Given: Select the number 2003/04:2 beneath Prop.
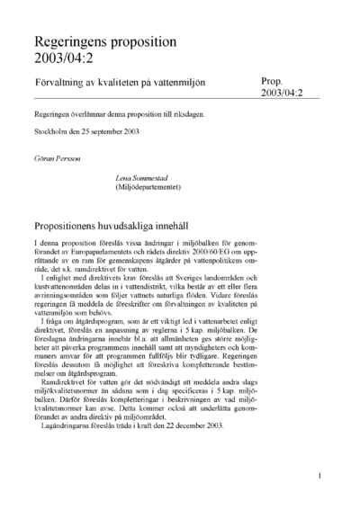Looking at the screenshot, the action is [x=286, y=94].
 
